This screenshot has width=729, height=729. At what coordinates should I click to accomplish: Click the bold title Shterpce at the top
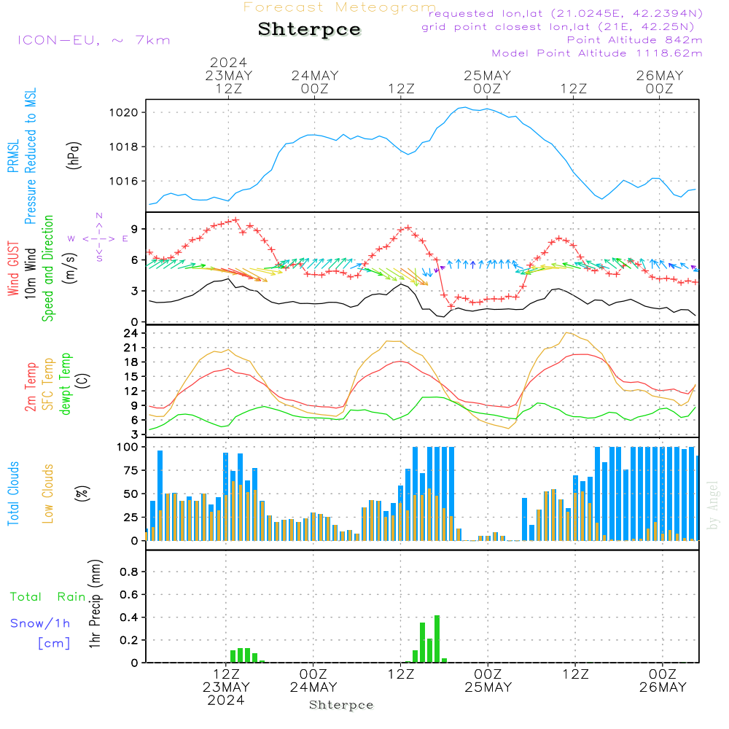pyautogui.click(x=309, y=30)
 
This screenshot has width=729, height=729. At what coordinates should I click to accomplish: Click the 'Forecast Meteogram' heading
pyautogui.click(x=340, y=7)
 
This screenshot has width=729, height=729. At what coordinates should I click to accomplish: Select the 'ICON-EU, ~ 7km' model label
pyautogui.click(x=93, y=40)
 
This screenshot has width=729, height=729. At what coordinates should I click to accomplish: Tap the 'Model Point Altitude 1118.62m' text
pyautogui.click(x=597, y=53)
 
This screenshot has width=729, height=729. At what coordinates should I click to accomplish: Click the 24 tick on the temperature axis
pyautogui.click(x=132, y=333)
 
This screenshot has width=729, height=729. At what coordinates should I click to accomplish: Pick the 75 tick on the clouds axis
pyautogui.click(x=129, y=470)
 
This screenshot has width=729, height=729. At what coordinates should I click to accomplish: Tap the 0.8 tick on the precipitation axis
pyautogui.click(x=129, y=572)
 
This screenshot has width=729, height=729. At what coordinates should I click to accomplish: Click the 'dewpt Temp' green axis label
pyautogui.click(x=66, y=384)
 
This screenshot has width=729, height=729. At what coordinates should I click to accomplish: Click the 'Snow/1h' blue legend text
pyautogui.click(x=40, y=623)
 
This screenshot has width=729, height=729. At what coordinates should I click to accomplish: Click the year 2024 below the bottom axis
pyautogui.click(x=226, y=701)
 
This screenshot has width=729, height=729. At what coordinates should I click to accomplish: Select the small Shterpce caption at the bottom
pyautogui.click(x=341, y=705)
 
